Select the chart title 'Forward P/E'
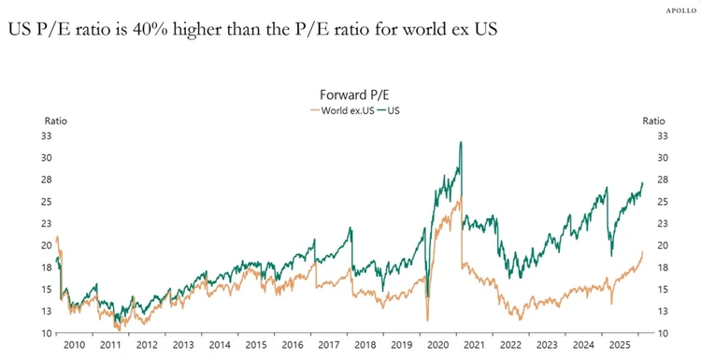[x=351, y=95]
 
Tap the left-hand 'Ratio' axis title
[x=57, y=121]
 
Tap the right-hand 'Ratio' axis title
[x=653, y=121]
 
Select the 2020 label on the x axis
[x=436, y=346]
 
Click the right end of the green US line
[x=643, y=182]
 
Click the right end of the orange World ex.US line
[x=643, y=252]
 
